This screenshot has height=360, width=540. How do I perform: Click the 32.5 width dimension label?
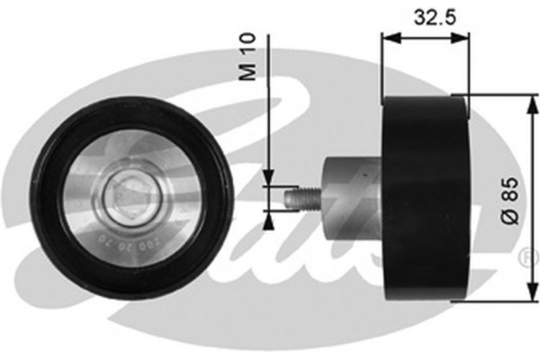[x=425, y=16]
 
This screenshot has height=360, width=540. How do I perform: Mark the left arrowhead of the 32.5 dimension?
[x=388, y=38]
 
